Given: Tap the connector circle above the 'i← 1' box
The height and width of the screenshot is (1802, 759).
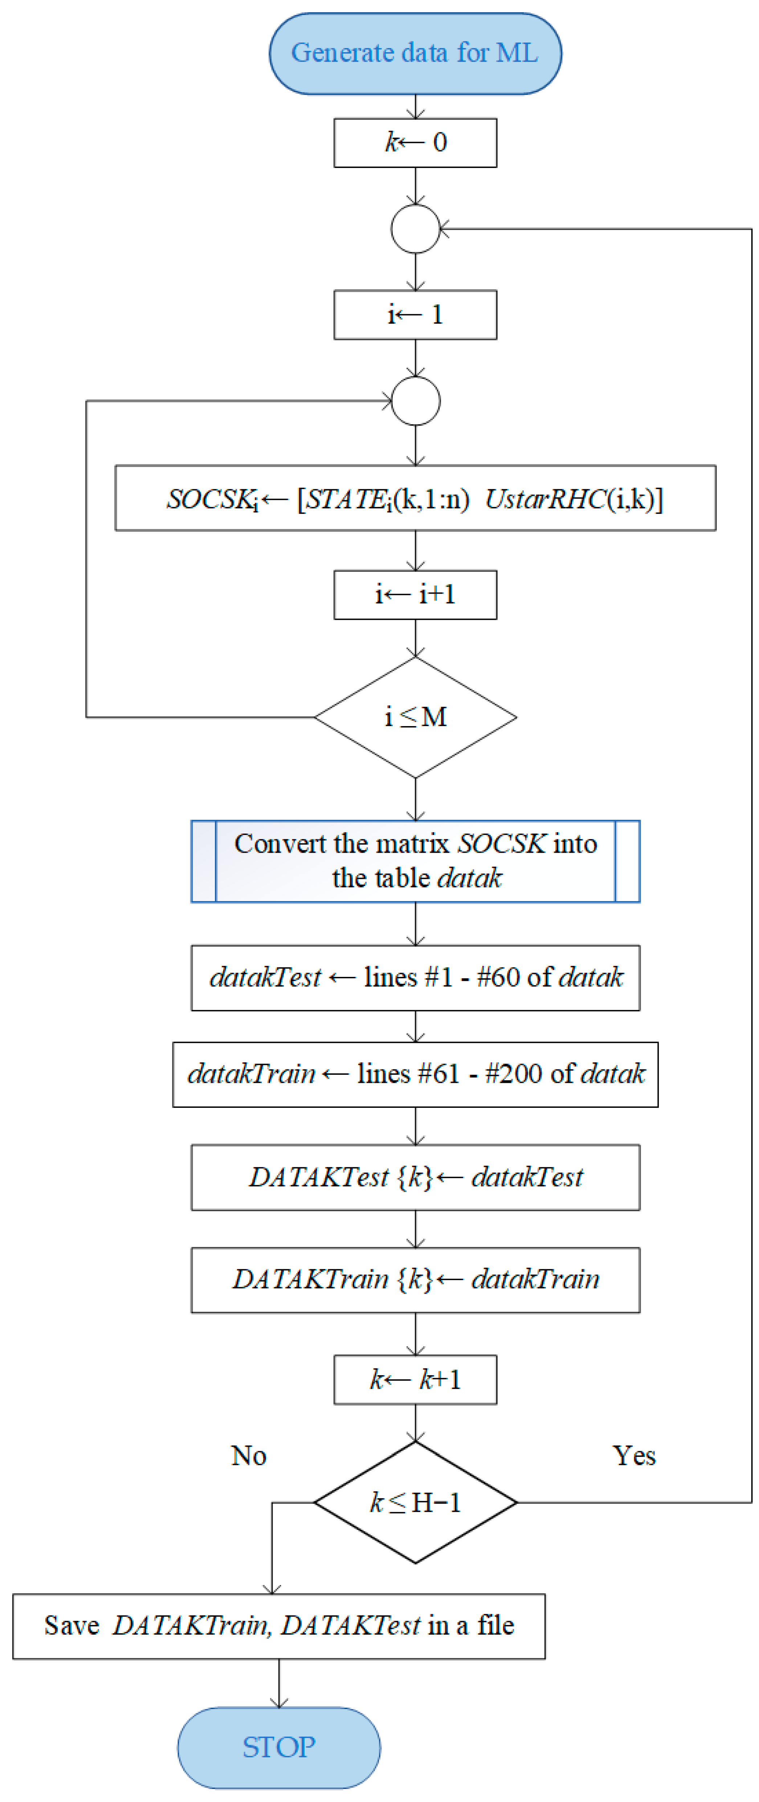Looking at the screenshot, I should (x=416, y=229).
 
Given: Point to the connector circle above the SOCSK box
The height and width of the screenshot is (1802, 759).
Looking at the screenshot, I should (x=416, y=401).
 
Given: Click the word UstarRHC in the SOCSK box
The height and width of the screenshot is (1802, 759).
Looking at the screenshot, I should (x=544, y=499).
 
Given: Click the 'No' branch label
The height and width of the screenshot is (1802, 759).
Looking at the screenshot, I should (x=248, y=1456).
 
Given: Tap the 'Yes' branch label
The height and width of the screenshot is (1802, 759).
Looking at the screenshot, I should (x=634, y=1456).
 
